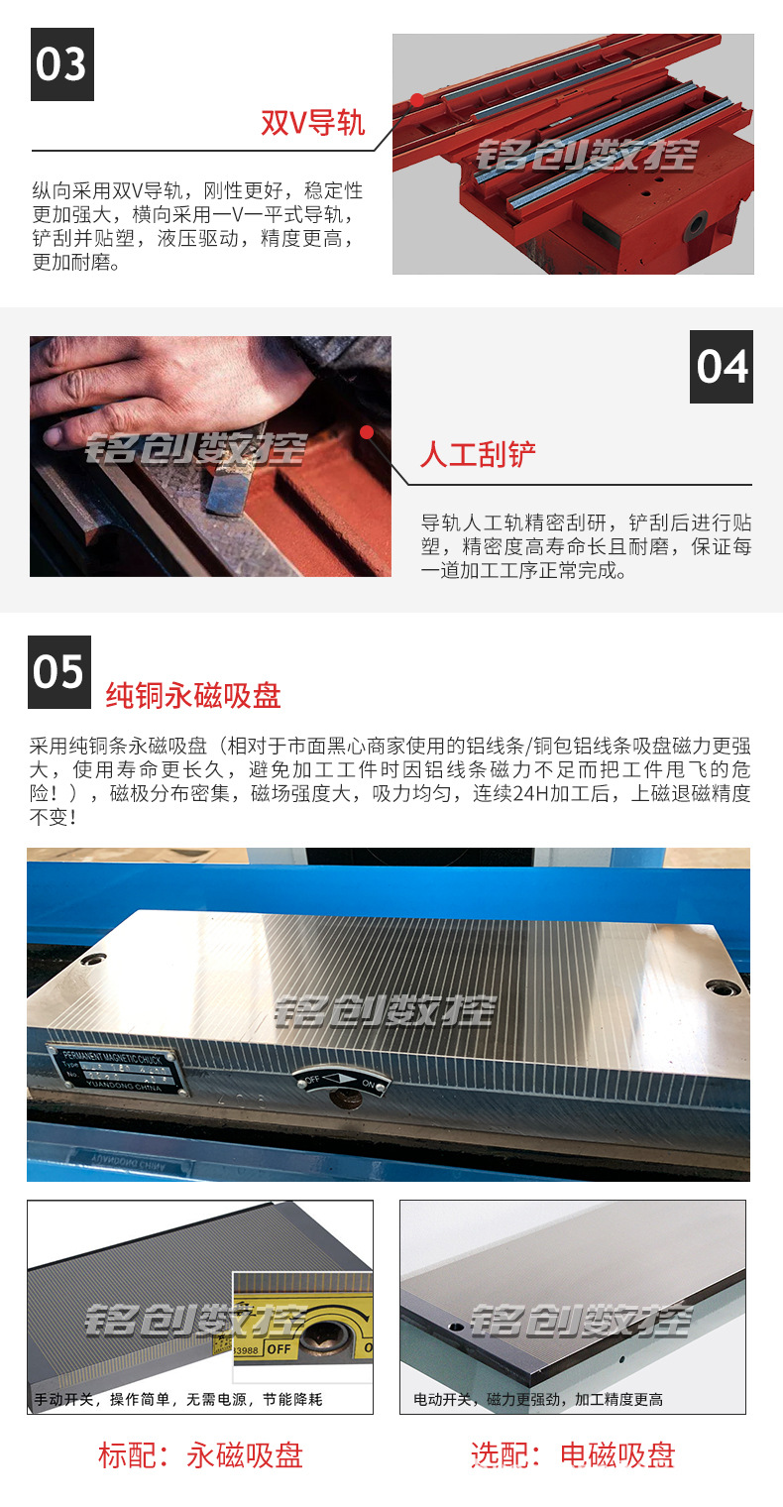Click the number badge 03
[62, 64]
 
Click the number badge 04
[722, 367]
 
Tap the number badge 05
[59, 671]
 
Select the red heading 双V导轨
[312, 123]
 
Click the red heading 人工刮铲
[478, 455]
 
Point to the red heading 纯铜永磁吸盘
[193, 695]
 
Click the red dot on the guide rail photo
[417, 99]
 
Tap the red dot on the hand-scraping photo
[367, 432]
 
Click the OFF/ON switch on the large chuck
[343, 1084]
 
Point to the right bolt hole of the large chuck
[721, 986]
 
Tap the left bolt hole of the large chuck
[94, 960]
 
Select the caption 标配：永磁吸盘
[200, 1455]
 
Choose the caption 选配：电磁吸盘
[573, 1455]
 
